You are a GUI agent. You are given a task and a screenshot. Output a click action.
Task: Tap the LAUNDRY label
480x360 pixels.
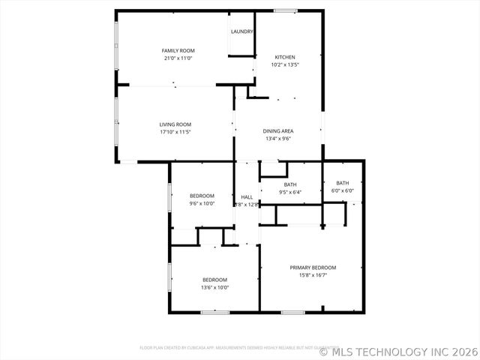(241, 31)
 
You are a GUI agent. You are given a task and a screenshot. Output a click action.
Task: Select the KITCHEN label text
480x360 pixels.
(285, 57)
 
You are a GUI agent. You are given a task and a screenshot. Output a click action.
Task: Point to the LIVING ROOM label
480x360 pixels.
(175, 124)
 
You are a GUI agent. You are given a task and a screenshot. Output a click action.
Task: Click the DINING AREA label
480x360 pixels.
(277, 131)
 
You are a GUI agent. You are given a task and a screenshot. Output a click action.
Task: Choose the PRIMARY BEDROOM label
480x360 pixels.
(313, 268)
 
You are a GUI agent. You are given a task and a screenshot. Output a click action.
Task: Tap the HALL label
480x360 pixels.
(247, 196)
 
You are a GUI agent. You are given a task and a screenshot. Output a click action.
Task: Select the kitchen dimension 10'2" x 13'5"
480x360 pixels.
(285, 64)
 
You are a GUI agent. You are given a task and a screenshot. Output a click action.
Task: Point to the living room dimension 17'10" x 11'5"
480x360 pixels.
(175, 132)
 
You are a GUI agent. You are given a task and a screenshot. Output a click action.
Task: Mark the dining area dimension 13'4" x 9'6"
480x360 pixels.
(277, 139)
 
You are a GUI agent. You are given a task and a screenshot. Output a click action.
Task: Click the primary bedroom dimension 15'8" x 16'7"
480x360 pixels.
(313, 275)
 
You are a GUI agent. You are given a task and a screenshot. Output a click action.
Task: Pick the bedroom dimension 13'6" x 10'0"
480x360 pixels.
(214, 287)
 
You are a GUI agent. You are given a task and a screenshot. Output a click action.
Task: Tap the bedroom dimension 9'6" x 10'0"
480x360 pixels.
(202, 203)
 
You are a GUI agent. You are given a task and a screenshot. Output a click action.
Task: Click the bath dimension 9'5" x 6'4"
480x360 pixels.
(290, 192)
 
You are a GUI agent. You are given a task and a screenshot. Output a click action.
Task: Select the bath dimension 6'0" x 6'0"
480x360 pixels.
(342, 190)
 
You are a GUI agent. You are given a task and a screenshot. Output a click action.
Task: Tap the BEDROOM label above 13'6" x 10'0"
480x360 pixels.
(214, 280)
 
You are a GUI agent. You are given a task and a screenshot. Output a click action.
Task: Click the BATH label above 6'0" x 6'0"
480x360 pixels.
(342, 183)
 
